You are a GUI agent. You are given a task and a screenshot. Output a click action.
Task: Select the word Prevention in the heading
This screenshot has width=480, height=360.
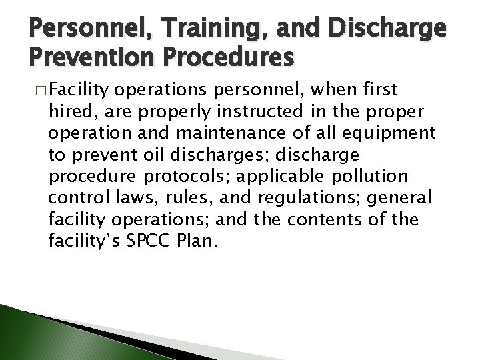71,59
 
